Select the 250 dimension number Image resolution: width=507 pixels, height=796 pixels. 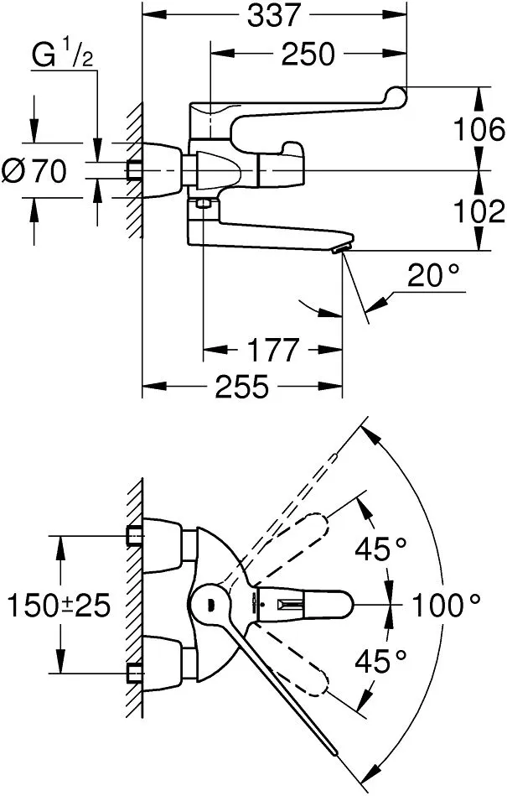pyautogui.click(x=308, y=54)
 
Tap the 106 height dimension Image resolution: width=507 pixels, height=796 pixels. pyautogui.click(x=479, y=129)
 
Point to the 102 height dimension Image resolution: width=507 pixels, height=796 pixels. pyautogui.click(x=479, y=211)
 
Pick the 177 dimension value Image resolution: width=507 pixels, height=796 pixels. pyautogui.click(x=272, y=350)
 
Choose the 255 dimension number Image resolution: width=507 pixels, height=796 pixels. pyautogui.click(x=242, y=387)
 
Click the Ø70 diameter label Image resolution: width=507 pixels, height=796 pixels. pyautogui.click(x=34, y=170)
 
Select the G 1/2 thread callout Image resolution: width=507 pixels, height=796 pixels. pyautogui.click(x=62, y=55)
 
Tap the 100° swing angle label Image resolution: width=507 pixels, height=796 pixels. pyautogui.click(x=446, y=605)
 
